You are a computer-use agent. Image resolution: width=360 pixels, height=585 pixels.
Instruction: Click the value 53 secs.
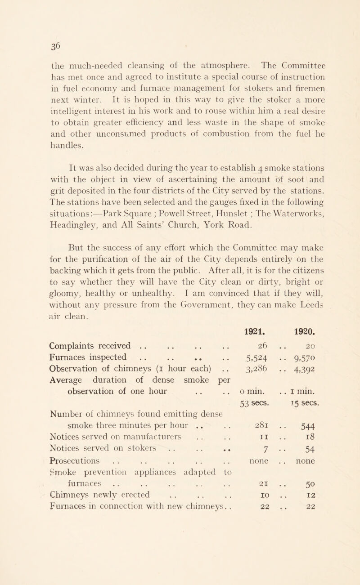[256, 415]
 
